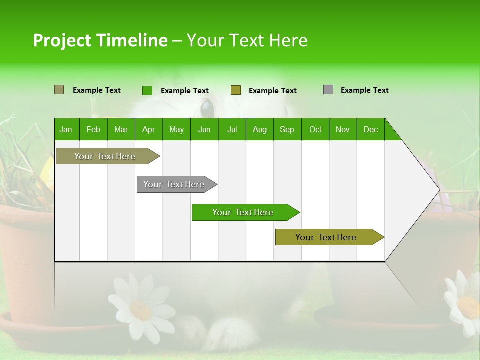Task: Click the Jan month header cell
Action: tap(66, 129)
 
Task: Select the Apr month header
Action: tap(148, 129)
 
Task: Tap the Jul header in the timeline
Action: tap(232, 129)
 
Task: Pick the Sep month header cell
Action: tap(287, 129)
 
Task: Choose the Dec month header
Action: tap(370, 129)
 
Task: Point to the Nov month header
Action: tap(342, 129)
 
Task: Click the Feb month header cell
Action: tap(93, 129)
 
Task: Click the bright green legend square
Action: tap(147, 90)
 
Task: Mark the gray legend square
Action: tap(328, 90)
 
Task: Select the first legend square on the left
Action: tap(59, 90)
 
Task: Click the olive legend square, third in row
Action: tap(236, 90)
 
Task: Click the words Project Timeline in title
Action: tap(100, 40)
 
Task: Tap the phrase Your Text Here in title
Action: tap(247, 40)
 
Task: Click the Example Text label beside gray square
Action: tap(364, 90)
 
